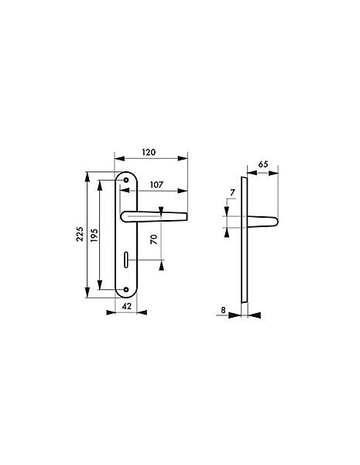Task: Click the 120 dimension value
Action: pyautogui.click(x=149, y=152)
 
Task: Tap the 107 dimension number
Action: pyautogui.click(x=156, y=184)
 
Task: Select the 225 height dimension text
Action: pyautogui.click(x=80, y=234)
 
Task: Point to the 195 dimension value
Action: pyautogui.click(x=94, y=235)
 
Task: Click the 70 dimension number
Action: pyautogui.click(x=154, y=239)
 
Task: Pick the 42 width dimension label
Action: pyautogui.click(x=126, y=306)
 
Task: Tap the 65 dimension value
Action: pyautogui.click(x=262, y=164)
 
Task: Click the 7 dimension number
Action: pyautogui.click(x=232, y=193)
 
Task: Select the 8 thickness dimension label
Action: pyautogui.click(x=223, y=310)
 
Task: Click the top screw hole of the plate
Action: pyautogui.click(x=126, y=180)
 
